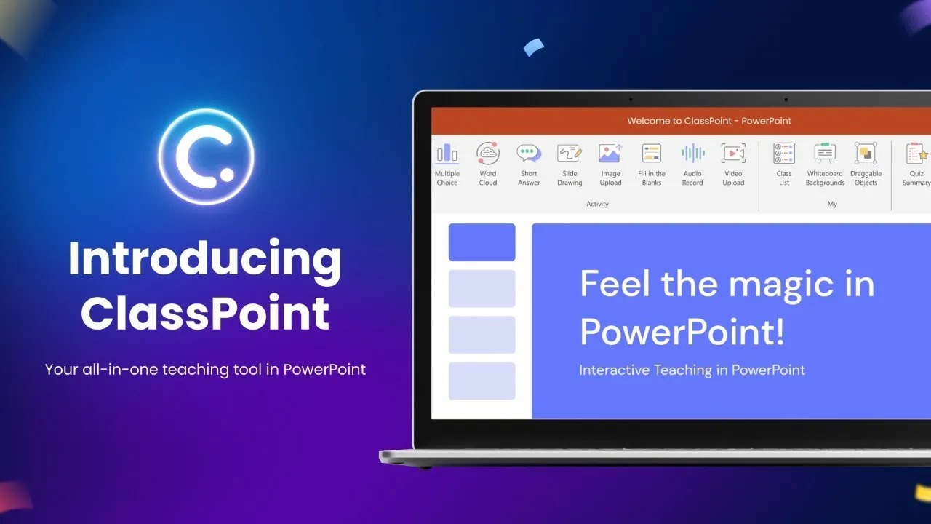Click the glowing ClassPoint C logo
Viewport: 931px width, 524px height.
point(206,156)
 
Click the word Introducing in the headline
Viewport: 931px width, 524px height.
point(204,260)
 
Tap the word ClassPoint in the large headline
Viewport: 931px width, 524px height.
point(204,314)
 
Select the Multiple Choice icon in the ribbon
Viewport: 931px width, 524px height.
point(447,154)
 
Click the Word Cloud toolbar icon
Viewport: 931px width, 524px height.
point(488,154)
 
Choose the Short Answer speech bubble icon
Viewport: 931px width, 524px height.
point(529,154)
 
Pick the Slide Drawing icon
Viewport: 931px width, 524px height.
point(570,154)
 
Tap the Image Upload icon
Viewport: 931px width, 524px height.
point(610,154)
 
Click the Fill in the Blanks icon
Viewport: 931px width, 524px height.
point(651,154)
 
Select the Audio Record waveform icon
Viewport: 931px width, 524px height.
point(692,154)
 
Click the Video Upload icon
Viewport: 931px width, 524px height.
point(733,154)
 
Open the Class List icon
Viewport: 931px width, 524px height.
point(784,154)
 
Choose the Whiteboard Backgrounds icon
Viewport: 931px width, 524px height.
point(825,154)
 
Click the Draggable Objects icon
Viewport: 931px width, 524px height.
point(866,154)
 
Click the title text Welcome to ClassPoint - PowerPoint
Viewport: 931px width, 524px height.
point(709,121)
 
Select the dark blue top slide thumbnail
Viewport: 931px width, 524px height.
point(482,242)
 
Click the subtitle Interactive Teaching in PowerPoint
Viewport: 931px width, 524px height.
point(692,370)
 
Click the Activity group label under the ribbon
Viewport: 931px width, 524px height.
point(597,205)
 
